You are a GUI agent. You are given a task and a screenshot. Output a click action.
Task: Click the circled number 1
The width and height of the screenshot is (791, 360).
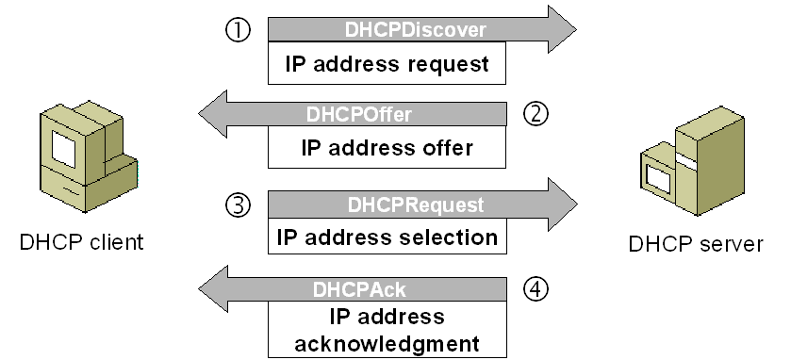coord(239,30)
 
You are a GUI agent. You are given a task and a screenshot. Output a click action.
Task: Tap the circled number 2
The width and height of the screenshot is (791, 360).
coord(536,114)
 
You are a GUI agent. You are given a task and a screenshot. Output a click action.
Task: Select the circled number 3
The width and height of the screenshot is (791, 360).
coord(239,204)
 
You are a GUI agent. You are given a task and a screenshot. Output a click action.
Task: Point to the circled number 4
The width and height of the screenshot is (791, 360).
coord(536,288)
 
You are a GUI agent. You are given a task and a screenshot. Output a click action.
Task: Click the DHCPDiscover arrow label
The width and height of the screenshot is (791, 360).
coord(416,30)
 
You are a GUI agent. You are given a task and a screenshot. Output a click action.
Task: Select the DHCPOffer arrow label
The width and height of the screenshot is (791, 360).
coord(359,115)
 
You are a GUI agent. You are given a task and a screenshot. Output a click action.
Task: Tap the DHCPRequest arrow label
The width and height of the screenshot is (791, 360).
coord(416,205)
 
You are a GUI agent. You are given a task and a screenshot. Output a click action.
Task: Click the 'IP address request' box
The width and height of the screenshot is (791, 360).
coord(388,65)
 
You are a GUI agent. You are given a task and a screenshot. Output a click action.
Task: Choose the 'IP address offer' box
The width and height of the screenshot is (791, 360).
coord(387,148)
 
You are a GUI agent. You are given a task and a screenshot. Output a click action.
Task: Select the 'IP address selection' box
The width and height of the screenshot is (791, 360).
coord(387,236)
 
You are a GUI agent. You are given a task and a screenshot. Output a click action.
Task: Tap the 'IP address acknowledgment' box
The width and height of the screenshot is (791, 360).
coord(387,330)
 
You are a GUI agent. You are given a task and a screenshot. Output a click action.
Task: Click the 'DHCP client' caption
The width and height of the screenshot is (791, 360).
coord(82,242)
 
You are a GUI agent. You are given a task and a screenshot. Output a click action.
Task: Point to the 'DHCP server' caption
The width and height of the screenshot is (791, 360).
coord(696,244)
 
